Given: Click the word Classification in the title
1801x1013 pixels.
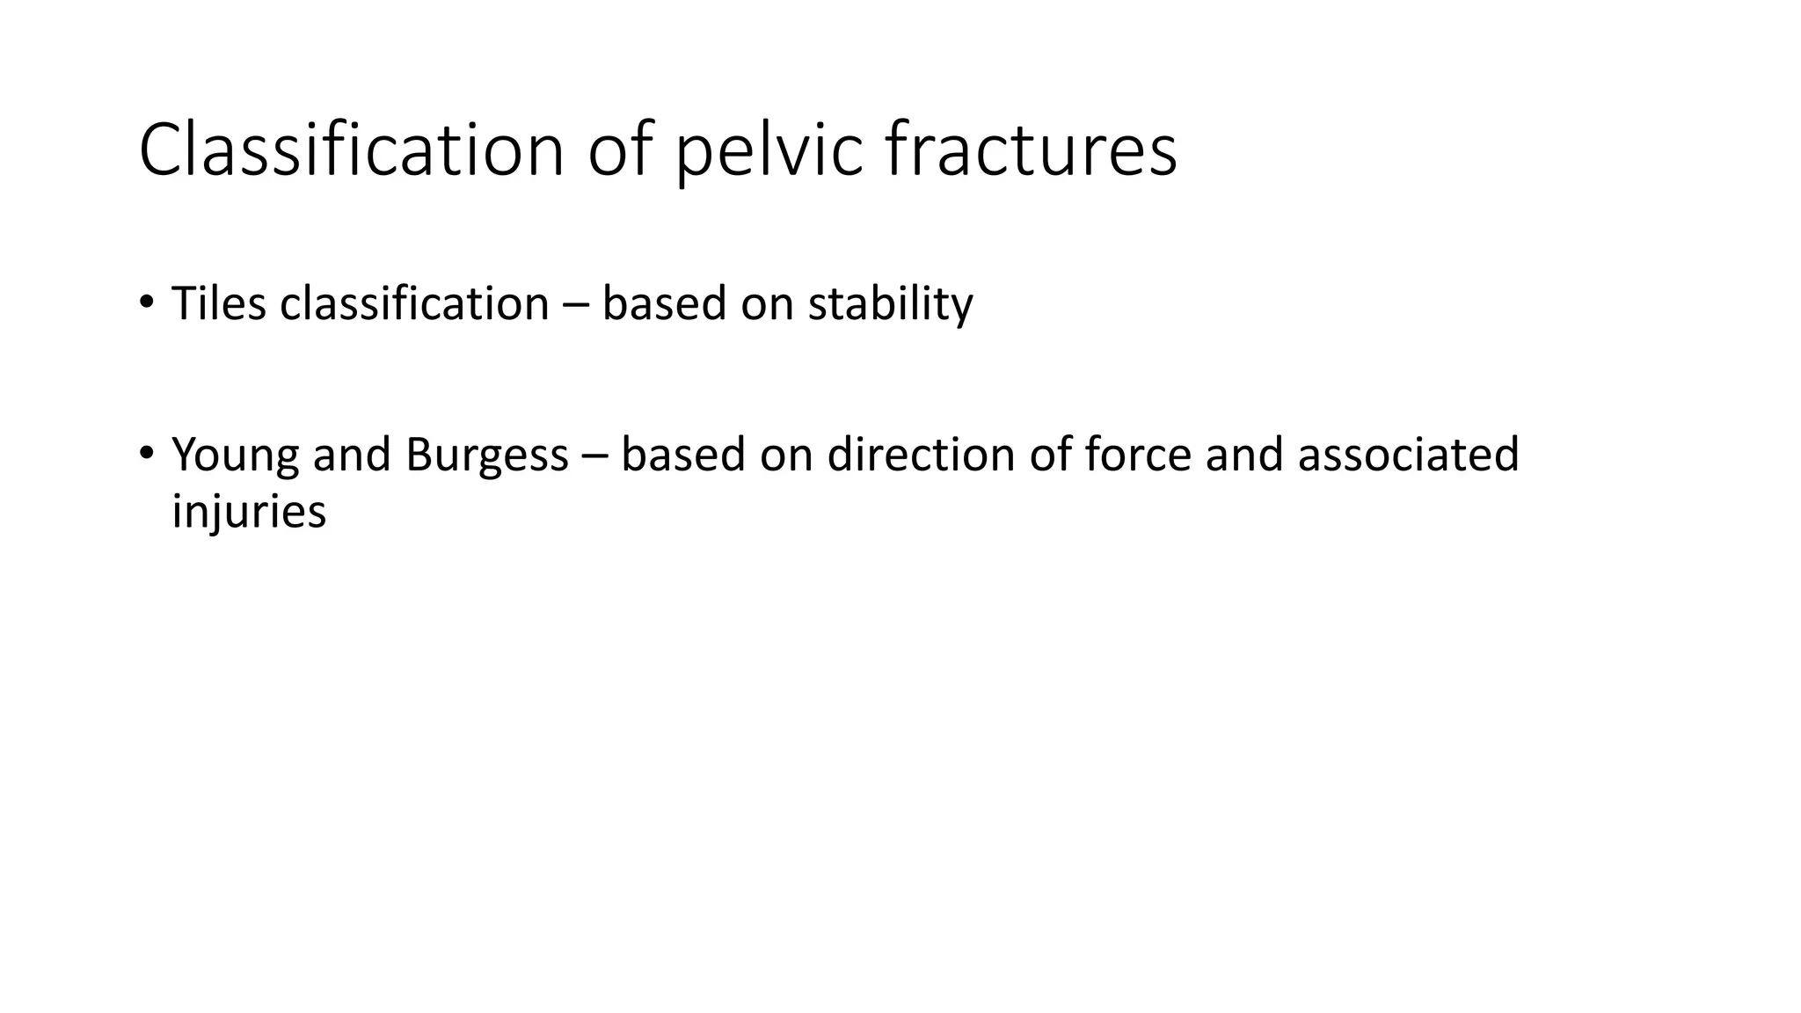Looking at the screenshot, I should point(351,150).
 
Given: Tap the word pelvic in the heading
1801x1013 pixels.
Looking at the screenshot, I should point(769,150).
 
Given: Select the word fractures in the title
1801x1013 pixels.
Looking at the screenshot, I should point(1031,150).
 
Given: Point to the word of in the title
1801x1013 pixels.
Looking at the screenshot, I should point(621,150).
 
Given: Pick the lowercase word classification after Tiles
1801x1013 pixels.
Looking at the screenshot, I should point(414,303).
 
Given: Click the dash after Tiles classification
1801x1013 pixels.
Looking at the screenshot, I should point(575,305).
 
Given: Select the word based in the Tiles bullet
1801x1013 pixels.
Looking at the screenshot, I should point(664,303).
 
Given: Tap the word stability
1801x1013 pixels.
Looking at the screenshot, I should point(890,305).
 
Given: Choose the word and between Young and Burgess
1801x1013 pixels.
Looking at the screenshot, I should point(352,455).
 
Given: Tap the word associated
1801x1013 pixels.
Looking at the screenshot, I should point(1408,455).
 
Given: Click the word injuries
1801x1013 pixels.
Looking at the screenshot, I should point(249,511).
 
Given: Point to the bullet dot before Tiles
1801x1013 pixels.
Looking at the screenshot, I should point(146,302).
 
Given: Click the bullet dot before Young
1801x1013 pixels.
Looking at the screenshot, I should point(146,453).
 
